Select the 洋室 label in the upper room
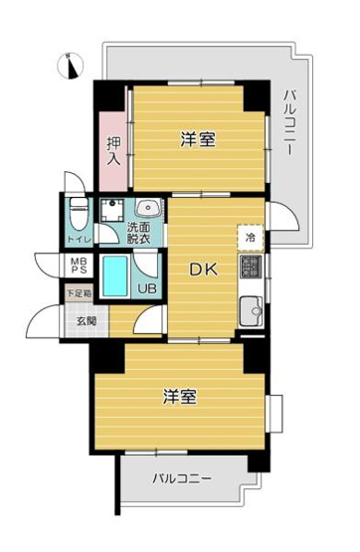tap(197, 139)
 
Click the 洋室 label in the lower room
tap(179, 395)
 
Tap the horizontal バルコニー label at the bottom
tap(182, 479)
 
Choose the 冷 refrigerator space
tap(251, 238)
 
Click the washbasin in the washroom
tap(147, 209)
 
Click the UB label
tap(145, 290)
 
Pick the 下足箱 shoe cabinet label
tap(79, 293)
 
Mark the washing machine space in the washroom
tap(112, 210)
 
